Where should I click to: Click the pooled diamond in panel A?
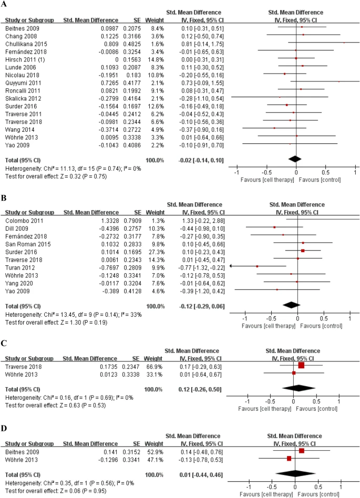tap(295, 158)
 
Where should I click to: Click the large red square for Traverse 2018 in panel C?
tap(301, 365)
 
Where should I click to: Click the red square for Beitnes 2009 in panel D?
tap(302, 451)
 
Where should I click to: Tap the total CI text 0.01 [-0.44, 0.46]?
tap(198, 475)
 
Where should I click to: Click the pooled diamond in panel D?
tap(296, 475)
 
